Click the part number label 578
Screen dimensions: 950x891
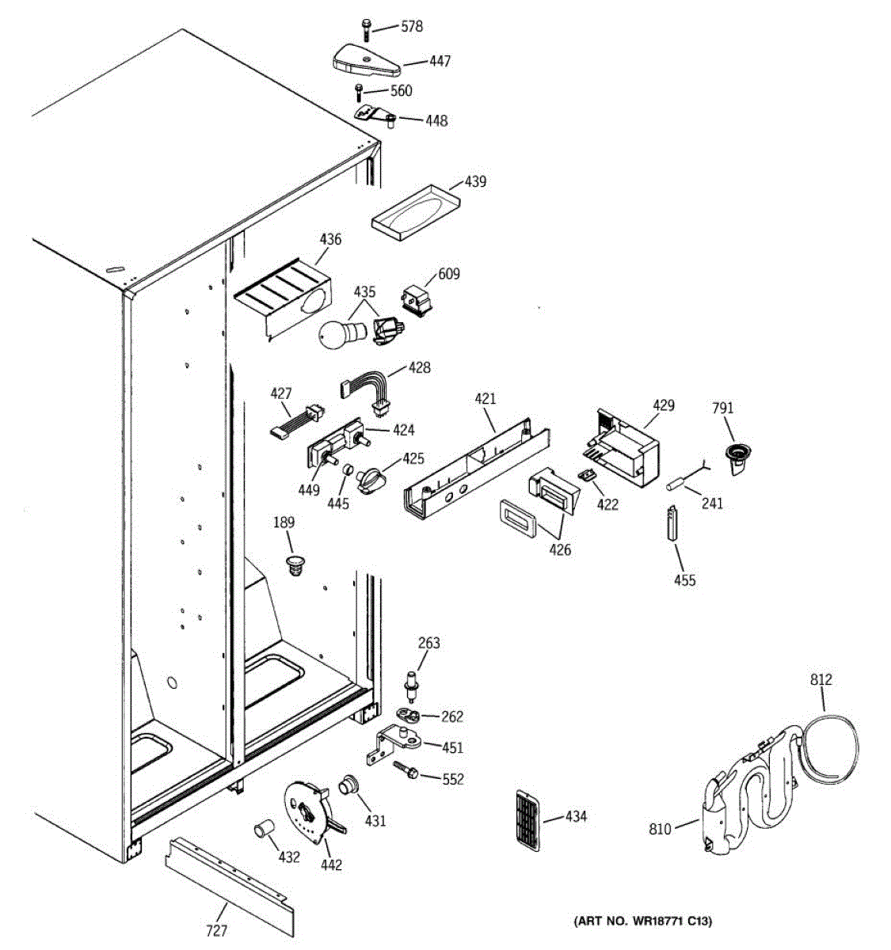[x=411, y=27]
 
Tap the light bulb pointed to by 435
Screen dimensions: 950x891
[x=335, y=332]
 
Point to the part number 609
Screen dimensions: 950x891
[x=449, y=274]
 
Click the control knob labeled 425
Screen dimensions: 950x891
[x=371, y=478]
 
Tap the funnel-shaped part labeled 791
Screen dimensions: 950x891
[x=738, y=458]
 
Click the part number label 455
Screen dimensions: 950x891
[x=684, y=580]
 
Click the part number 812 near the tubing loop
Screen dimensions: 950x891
[x=821, y=679]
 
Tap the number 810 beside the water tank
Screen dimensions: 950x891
[x=660, y=829]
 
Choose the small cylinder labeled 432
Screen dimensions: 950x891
[x=263, y=833]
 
